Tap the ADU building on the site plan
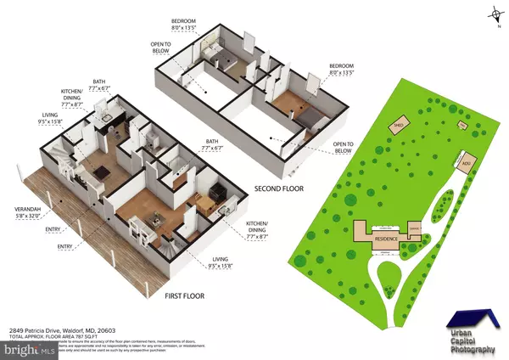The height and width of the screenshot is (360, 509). (x=466, y=164)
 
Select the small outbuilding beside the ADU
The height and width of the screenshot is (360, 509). (x=463, y=127)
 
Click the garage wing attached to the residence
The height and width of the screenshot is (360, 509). (x=415, y=228)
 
